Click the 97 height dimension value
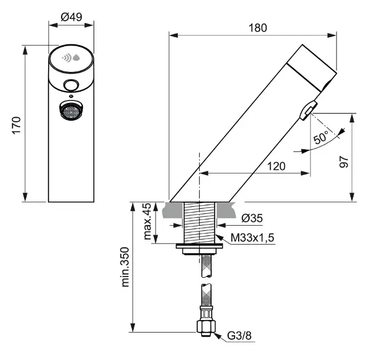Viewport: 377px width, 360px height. click(360, 162)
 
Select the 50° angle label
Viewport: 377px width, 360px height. click(322, 138)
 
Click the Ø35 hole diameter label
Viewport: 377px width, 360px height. click(251, 218)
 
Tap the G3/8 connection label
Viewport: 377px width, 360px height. click(239, 335)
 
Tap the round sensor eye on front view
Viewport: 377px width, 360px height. click(71, 86)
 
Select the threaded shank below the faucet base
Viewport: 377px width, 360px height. click(199, 223)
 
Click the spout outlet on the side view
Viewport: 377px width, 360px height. click(308, 108)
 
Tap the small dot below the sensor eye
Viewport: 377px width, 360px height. click(71, 96)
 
